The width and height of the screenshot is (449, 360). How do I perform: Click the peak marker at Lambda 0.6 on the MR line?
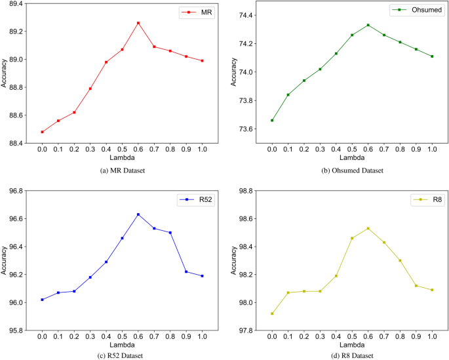[x=138, y=23]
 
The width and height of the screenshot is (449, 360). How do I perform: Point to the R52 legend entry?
[x=199, y=200]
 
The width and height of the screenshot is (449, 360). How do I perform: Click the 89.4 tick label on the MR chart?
[x=14, y=4]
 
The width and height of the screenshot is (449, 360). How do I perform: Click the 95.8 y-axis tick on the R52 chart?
[x=14, y=330]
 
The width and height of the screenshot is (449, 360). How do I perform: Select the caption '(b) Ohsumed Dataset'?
[x=351, y=170]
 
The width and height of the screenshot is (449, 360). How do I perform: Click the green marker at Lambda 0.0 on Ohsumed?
[x=272, y=120]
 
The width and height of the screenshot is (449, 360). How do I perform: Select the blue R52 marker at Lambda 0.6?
[x=138, y=214]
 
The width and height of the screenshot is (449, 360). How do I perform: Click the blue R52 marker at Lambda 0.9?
[x=185, y=271]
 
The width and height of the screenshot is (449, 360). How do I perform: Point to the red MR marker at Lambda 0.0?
[x=42, y=132]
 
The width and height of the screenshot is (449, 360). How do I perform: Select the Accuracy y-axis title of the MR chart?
[x=5, y=73]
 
